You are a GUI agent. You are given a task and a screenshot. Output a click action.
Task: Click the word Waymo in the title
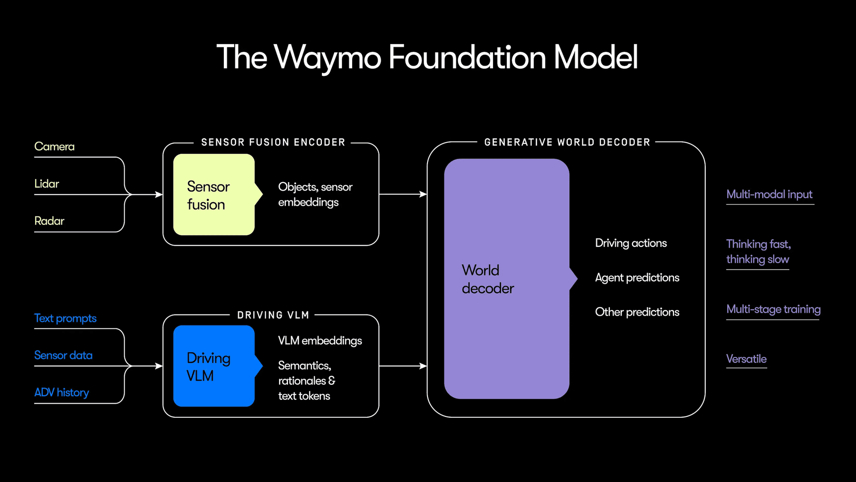[328, 58]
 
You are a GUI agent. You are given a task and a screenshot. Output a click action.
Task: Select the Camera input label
[54, 147]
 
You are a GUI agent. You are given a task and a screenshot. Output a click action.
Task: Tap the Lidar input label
[46, 184]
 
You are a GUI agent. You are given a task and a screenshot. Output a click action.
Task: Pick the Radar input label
[49, 221]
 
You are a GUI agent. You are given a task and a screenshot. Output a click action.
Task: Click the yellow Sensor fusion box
[214, 195]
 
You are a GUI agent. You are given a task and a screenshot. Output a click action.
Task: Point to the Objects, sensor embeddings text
[315, 195]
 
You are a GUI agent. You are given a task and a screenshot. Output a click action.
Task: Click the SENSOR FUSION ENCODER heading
[273, 142]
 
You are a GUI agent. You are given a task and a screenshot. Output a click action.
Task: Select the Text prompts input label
[65, 318]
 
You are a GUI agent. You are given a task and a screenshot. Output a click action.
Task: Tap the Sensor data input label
[63, 355]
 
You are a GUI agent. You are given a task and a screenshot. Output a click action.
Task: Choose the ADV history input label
[62, 392]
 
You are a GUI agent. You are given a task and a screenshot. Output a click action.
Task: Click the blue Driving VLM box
[214, 366]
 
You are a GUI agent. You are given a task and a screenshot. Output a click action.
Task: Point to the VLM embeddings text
[320, 341]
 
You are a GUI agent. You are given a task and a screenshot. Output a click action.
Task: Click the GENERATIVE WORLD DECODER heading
[567, 142]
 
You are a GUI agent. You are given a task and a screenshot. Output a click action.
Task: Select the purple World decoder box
[506, 278]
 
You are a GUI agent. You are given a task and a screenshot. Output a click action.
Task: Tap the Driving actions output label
[631, 243]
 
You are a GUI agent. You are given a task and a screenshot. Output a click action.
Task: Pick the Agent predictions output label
[637, 278]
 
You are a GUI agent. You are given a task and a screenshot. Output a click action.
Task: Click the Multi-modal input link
[769, 195]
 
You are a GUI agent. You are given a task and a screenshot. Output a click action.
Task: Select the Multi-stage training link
[773, 309]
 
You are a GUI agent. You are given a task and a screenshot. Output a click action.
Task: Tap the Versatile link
[746, 359]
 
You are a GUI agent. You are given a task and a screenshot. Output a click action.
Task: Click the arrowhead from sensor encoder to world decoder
[423, 194]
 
